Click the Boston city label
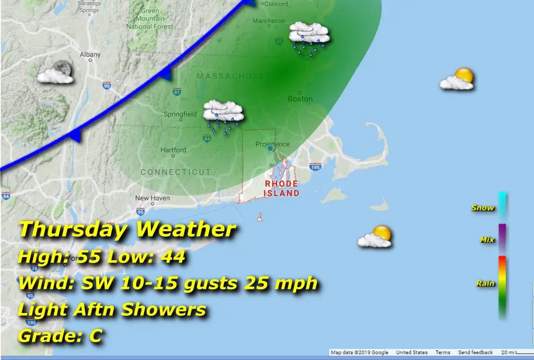[x=300, y=99]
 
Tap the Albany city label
[x=90, y=54]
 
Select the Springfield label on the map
[x=180, y=114]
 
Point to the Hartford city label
[x=174, y=150]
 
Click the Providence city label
[x=272, y=144]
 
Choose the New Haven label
[x=152, y=198]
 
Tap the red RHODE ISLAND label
[x=281, y=188]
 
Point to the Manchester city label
[x=269, y=21]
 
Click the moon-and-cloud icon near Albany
[x=55, y=73]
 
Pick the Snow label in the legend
[x=483, y=207]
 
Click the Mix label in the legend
[x=487, y=240]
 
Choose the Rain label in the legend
[x=485, y=283]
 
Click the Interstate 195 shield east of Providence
[x=316, y=167]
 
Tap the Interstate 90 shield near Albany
[x=107, y=85]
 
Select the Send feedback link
[x=475, y=353]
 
